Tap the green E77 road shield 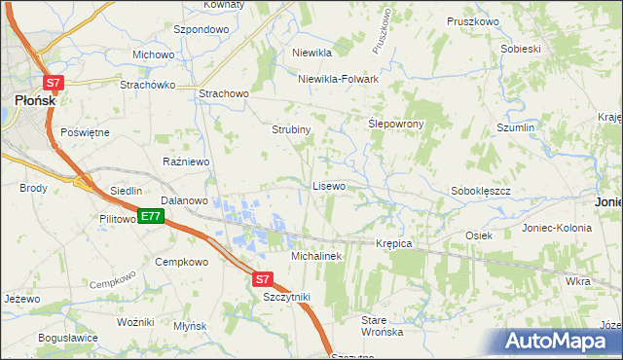149,216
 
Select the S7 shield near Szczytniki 262,279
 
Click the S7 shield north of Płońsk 55,85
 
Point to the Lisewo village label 328,185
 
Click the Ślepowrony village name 394,125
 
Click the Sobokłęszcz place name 481,192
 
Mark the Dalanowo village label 185,200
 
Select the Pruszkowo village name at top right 472,21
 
